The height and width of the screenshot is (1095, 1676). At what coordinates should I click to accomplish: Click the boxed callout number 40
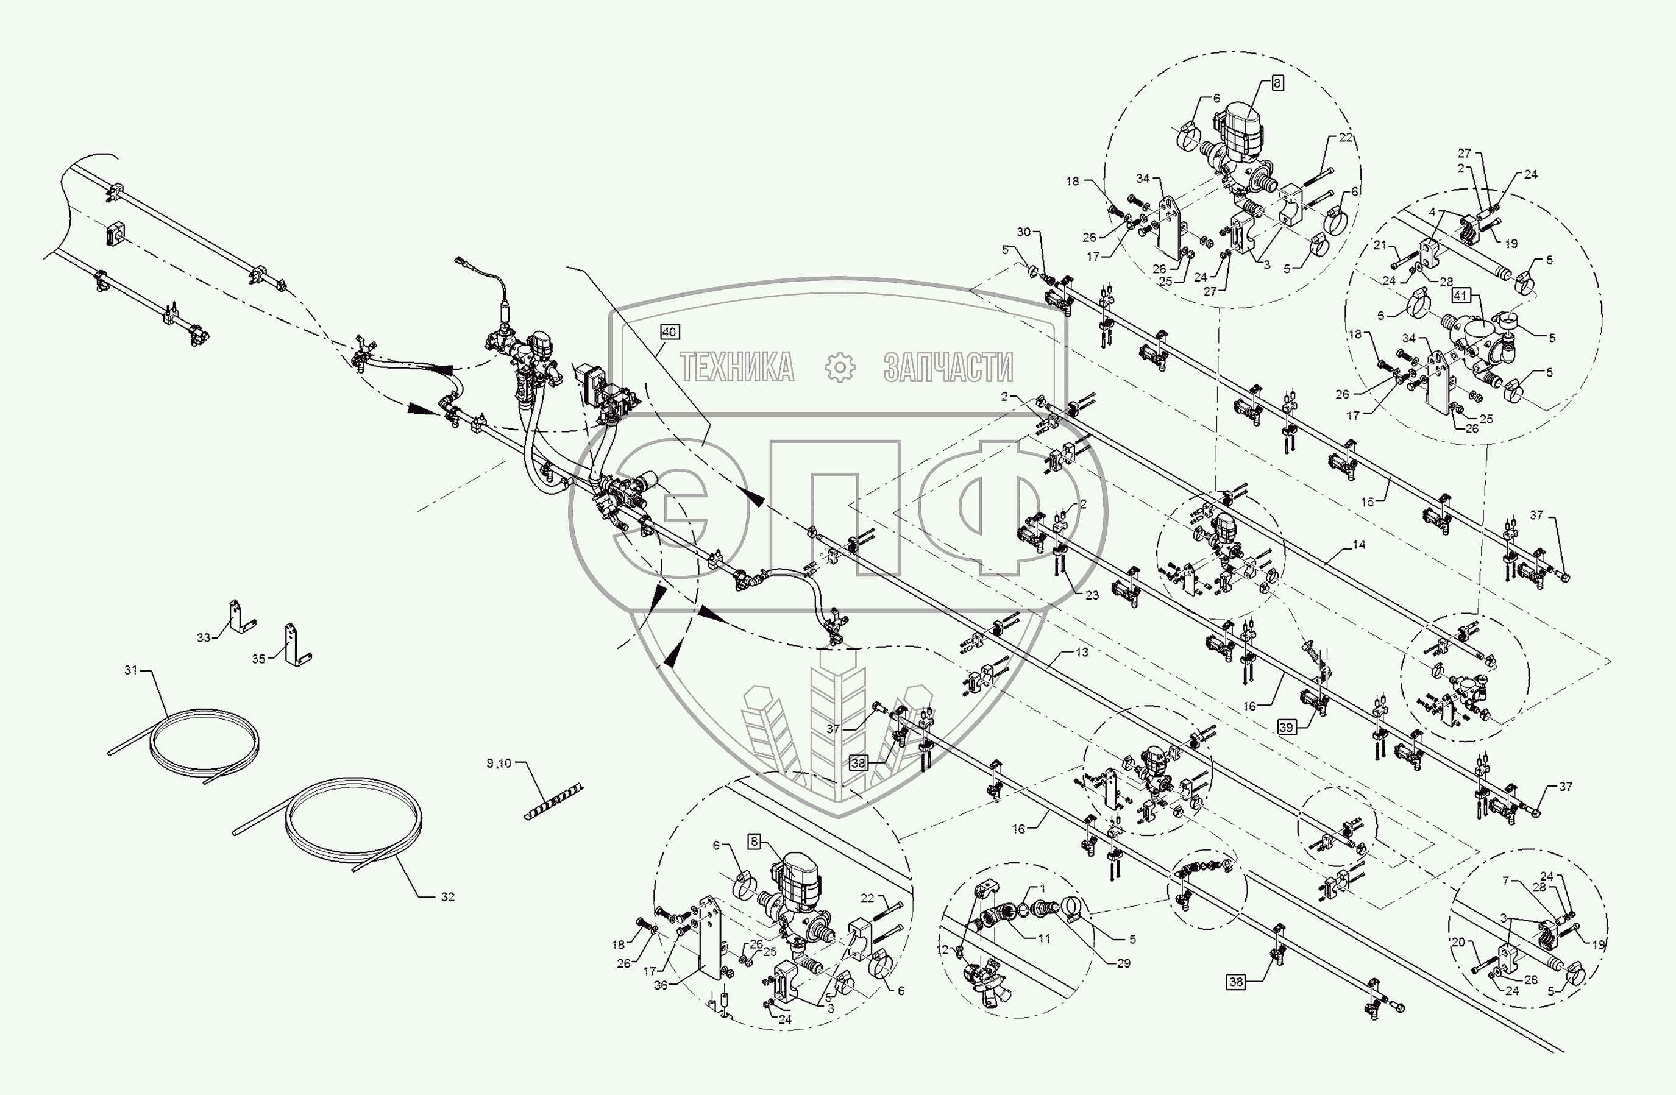pos(669,331)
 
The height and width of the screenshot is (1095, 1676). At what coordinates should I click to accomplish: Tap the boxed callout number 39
pos(1287,728)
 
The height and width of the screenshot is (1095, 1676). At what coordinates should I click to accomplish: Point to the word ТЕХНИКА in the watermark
pos(737,367)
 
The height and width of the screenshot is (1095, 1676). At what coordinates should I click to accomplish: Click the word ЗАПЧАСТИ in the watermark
pos(948,367)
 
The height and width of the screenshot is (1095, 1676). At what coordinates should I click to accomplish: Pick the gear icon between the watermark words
pos(839,367)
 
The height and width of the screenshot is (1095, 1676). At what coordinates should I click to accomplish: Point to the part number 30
pos(1023,232)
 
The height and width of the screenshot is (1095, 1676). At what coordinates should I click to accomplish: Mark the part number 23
pos(1092,595)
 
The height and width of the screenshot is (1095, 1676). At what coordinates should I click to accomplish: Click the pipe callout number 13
pos(1082,652)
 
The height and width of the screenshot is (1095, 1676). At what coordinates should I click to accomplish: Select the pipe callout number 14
pos(1358,544)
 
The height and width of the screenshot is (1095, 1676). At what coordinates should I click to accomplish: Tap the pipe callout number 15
pos(1367,502)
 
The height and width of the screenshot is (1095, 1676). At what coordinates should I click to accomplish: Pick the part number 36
pos(660,985)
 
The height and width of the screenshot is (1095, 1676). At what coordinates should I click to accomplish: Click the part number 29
pos(1123,963)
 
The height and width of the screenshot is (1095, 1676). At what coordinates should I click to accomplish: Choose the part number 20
pos(1458,941)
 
